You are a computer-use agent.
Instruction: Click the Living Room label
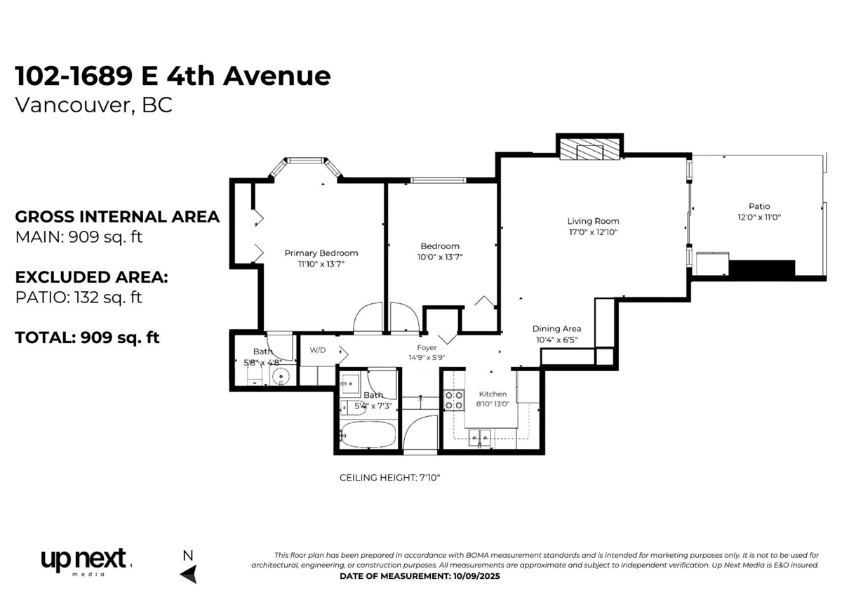click(x=593, y=221)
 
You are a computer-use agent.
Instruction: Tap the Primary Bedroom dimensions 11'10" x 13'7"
click(x=321, y=264)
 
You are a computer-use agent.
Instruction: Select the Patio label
click(x=759, y=206)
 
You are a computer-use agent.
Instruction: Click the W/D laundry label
click(x=318, y=349)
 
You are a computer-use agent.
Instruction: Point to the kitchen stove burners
click(x=454, y=400)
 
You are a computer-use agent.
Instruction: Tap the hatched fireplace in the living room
click(x=589, y=149)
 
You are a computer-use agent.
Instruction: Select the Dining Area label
click(x=556, y=328)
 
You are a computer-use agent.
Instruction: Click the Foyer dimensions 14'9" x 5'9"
click(x=427, y=357)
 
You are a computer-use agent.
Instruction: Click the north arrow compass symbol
click(x=188, y=574)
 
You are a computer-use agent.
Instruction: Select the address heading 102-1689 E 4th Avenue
click(x=173, y=76)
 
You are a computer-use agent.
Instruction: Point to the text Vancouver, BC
click(x=93, y=105)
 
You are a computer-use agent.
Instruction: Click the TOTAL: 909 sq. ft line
click(x=87, y=337)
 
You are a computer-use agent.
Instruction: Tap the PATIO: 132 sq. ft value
click(x=79, y=297)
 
